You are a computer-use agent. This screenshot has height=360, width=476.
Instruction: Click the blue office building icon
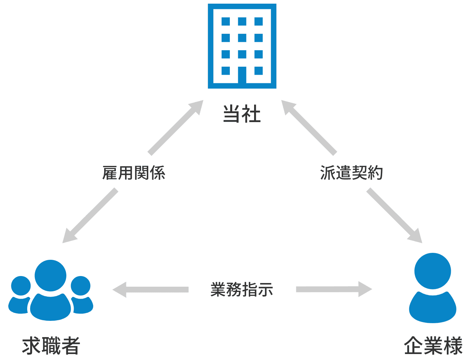pos(242,46)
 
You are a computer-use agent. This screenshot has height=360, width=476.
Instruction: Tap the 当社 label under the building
pos(242,113)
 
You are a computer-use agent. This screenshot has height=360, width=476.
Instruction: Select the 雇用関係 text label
pos(133,173)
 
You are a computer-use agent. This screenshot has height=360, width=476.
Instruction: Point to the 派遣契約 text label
pos(351,173)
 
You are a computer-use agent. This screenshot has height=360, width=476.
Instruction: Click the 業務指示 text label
pos(241,289)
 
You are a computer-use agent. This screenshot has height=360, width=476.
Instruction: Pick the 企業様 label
pos(433,346)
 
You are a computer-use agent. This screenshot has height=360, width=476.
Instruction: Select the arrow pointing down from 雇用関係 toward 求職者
pos(90,216)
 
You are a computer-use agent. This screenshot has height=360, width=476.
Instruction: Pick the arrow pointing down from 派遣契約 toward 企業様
pos(394,216)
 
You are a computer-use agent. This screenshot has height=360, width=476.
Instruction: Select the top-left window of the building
pos(226,22)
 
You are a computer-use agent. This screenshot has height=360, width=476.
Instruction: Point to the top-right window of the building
pos(259,22)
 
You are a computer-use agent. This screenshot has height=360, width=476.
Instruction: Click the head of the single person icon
pos(433,270)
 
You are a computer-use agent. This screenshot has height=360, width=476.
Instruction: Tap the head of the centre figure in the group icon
pos(50,275)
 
